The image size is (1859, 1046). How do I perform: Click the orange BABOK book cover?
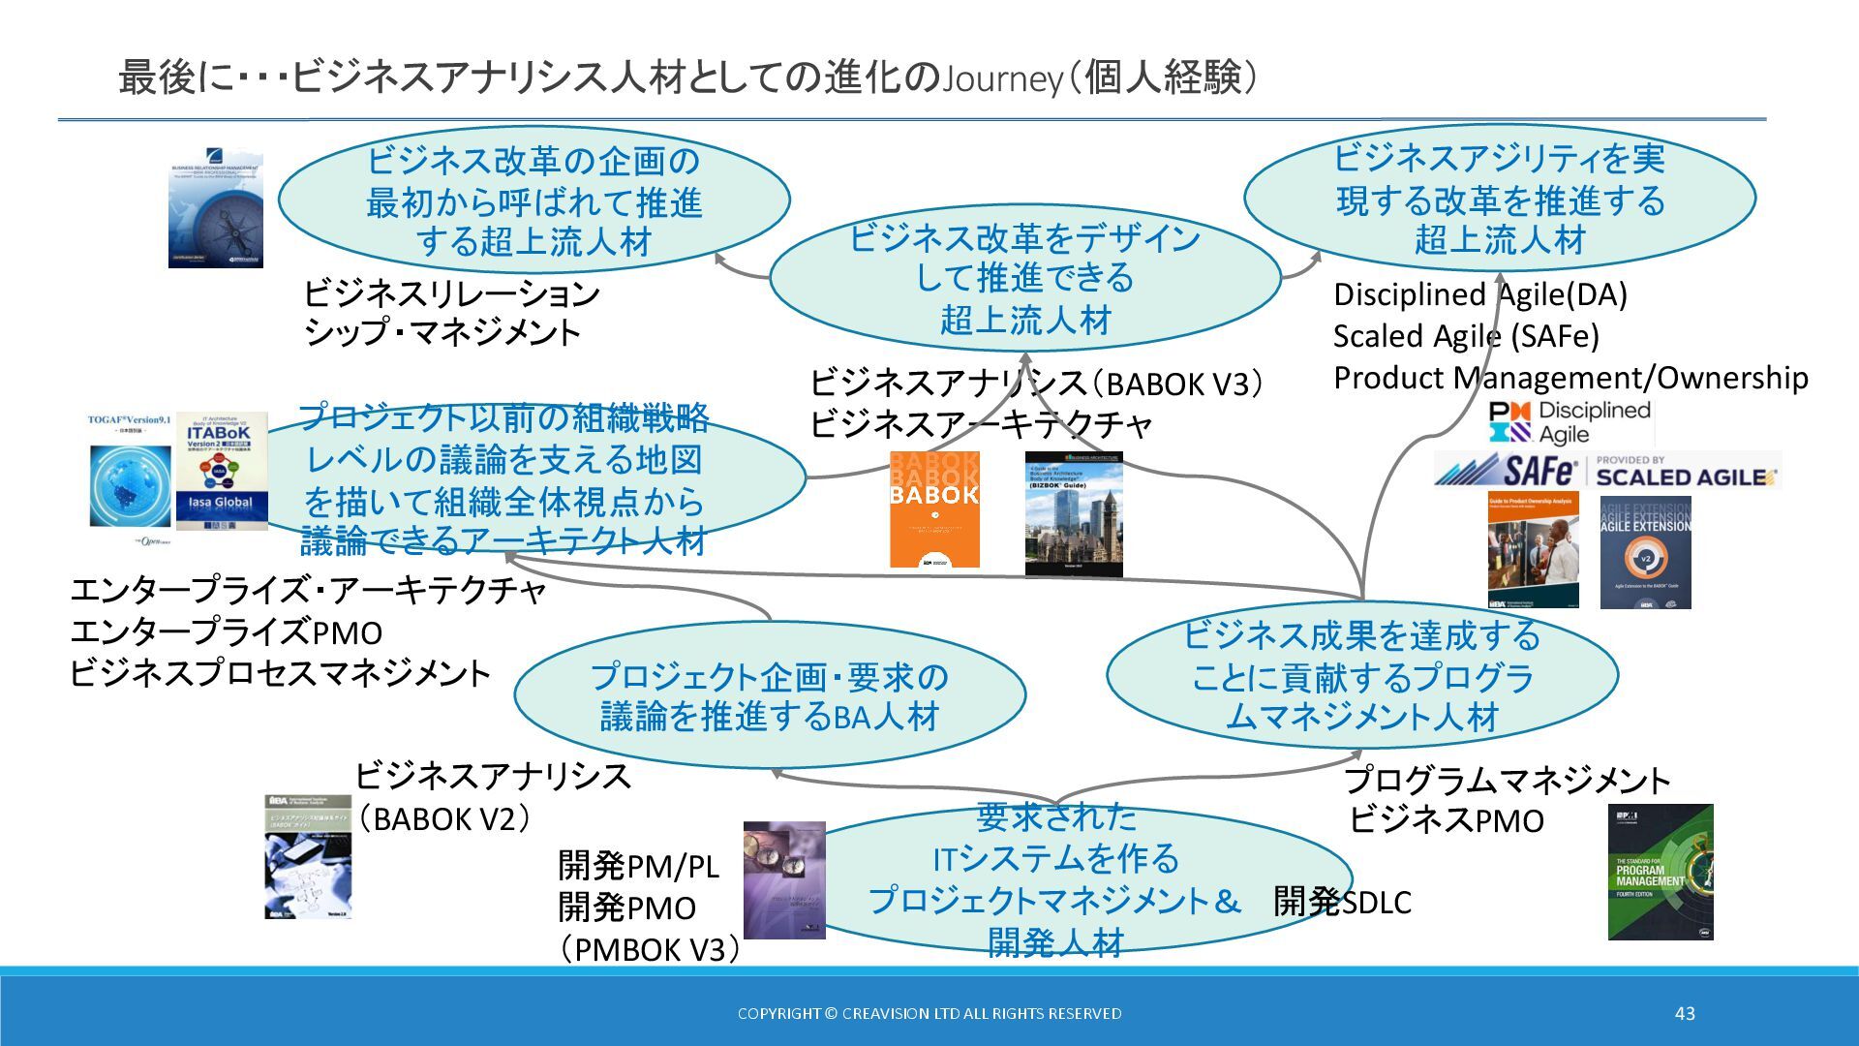click(x=934, y=509)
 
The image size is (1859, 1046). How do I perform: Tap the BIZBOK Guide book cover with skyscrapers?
click(x=1074, y=514)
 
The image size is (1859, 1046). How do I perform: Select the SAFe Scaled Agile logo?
click(x=1606, y=472)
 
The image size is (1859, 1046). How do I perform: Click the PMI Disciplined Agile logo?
click(x=1569, y=422)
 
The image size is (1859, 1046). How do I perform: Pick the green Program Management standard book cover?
click(x=1660, y=872)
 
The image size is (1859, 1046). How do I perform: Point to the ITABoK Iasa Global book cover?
click(x=221, y=472)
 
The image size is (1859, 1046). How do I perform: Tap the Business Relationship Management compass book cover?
click(x=216, y=207)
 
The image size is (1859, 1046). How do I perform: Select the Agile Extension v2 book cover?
click(x=1645, y=553)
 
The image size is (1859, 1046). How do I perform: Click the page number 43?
click(x=1685, y=1013)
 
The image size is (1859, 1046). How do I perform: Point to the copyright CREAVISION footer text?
click(x=929, y=1013)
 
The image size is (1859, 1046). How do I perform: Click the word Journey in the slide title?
click(x=1003, y=78)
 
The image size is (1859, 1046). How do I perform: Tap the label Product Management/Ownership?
click(x=1569, y=378)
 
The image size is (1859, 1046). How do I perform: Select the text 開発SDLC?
click(x=1342, y=902)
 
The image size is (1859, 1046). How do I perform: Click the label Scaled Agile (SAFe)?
click(x=1466, y=336)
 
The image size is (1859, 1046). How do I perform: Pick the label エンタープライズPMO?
click(x=227, y=632)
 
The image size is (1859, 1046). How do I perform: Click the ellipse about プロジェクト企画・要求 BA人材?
click(x=770, y=695)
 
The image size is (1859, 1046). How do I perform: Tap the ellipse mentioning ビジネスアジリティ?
click(x=1499, y=199)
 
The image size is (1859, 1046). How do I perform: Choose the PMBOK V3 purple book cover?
click(x=784, y=880)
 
